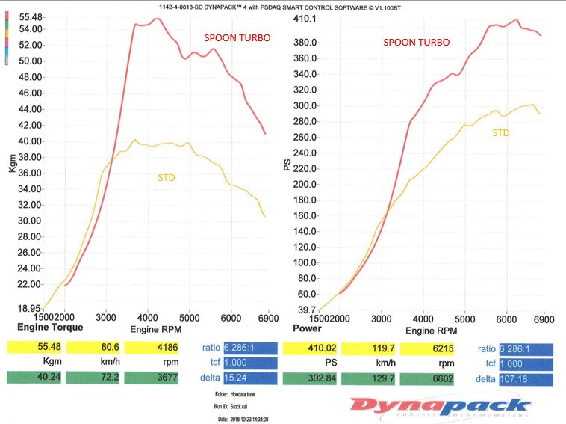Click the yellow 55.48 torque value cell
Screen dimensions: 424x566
[34, 347]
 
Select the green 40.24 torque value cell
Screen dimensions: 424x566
[34, 378]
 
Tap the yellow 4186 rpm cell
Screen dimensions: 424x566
[152, 347]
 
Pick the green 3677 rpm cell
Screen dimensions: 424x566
[152, 378]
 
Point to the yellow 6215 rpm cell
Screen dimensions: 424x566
[429, 347]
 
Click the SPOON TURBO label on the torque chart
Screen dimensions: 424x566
[237, 37]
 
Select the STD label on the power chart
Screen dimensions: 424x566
[501, 132]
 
